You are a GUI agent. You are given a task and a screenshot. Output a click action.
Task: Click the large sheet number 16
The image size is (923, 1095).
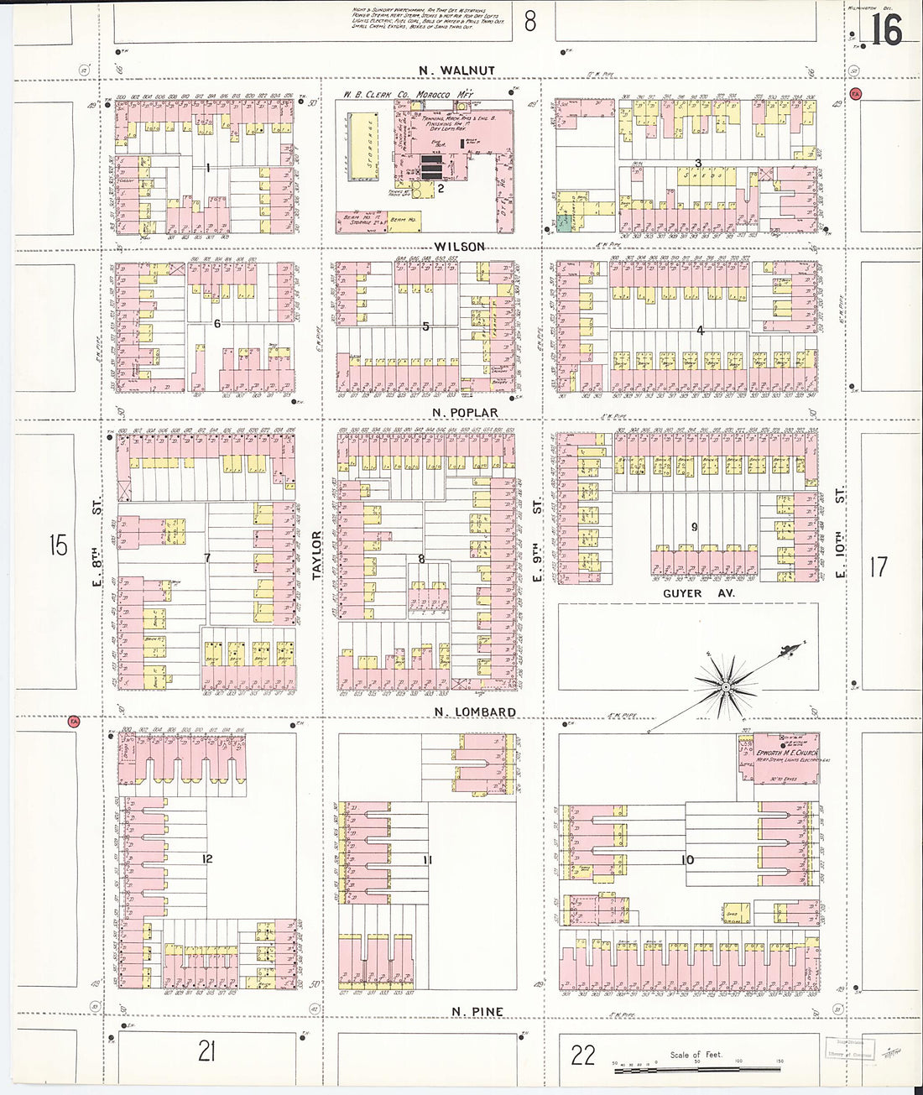[x=885, y=31]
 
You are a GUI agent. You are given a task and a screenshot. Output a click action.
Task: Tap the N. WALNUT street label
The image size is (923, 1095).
[x=458, y=70]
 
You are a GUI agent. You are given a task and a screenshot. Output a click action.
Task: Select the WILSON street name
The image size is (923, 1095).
[x=460, y=246]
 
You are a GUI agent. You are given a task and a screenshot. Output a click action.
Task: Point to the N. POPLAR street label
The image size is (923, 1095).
[x=465, y=412]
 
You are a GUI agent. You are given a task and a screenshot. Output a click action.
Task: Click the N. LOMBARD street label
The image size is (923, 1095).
[x=475, y=712]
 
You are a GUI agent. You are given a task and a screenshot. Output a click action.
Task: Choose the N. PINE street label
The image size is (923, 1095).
[x=477, y=1011]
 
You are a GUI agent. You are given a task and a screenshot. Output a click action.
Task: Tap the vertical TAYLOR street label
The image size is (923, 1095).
[x=317, y=555]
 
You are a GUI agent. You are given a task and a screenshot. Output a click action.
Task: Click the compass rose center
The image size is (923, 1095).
[x=726, y=687]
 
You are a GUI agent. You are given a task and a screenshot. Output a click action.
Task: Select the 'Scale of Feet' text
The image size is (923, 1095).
[x=696, y=1054]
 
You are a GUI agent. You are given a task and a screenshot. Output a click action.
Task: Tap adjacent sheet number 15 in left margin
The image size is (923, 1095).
[x=57, y=545]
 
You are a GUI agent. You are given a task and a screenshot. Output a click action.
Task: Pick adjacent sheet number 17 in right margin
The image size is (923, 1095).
[x=878, y=566]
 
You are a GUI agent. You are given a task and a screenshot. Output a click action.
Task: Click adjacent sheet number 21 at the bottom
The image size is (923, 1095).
[x=206, y=1051]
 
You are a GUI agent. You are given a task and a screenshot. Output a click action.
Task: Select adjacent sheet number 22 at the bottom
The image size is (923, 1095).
[x=582, y=1055]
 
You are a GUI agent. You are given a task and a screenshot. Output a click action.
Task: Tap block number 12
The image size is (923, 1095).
[x=207, y=858]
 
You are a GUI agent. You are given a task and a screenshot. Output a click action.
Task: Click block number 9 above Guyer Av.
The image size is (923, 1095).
[x=694, y=527]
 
